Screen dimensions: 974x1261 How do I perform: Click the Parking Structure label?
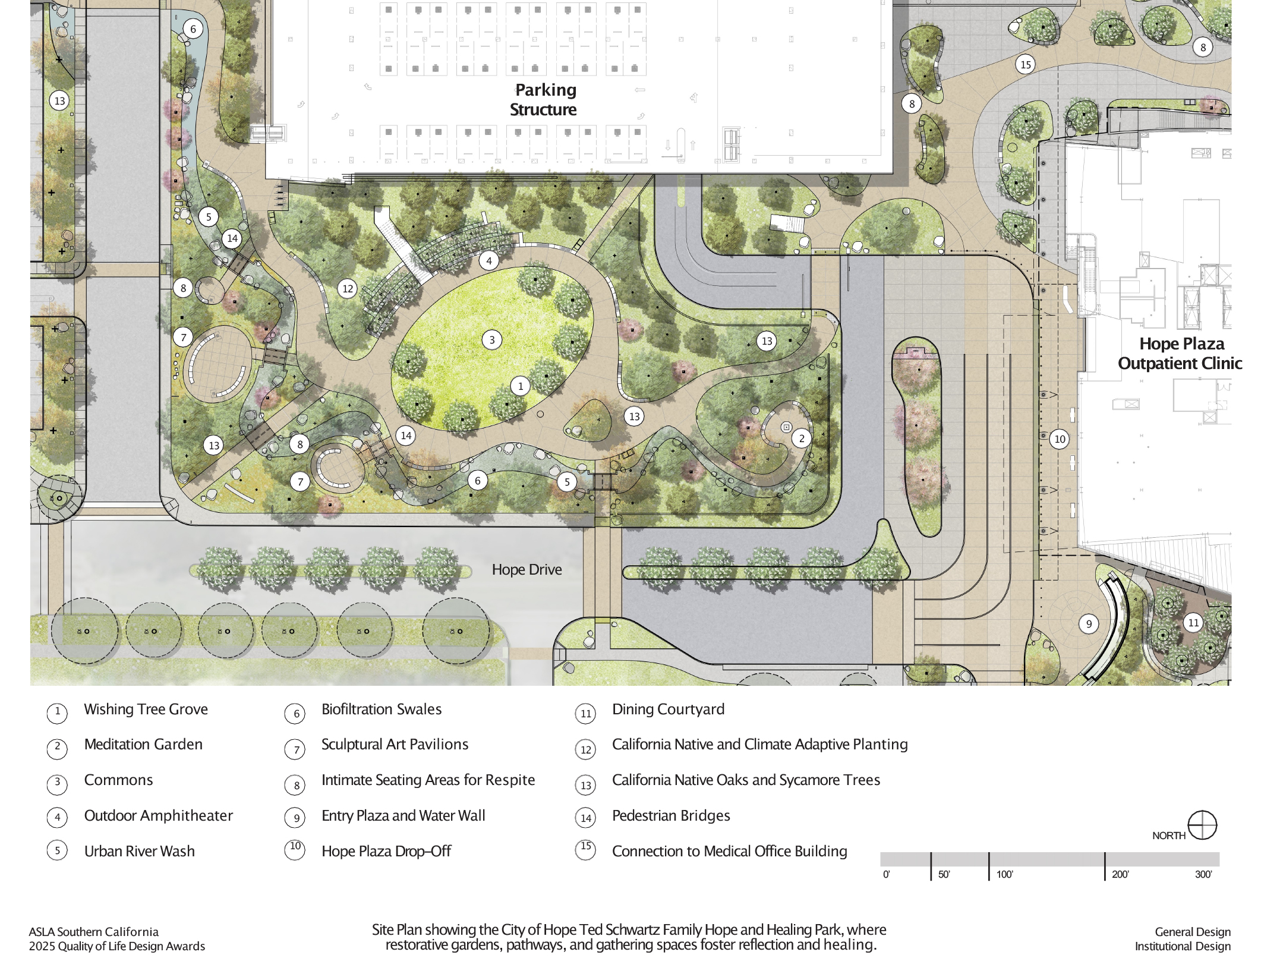pos(544,100)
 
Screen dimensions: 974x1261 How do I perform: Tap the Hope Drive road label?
pos(527,570)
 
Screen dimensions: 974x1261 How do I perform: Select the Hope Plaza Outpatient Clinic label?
pos(1180,354)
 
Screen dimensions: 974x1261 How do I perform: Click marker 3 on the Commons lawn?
pos(491,340)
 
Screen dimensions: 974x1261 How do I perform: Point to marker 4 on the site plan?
pos(489,260)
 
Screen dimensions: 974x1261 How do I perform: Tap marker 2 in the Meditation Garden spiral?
pos(802,439)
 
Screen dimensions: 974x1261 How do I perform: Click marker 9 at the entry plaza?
pos(1089,624)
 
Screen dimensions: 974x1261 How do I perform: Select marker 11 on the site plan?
pos(1193,623)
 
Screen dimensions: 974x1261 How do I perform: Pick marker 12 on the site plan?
pos(348,289)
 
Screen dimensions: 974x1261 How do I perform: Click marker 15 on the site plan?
pos(1026,64)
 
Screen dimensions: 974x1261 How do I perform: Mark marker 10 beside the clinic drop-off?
pos(1060,439)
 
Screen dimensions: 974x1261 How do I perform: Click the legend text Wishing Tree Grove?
pos(146,710)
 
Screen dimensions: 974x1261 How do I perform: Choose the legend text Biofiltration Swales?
pos(382,710)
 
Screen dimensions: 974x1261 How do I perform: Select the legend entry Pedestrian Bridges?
pos(671,816)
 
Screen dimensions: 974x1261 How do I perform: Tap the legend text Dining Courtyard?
pos(668,710)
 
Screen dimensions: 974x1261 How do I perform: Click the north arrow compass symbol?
pos(1202,825)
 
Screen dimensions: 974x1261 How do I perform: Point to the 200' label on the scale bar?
pos(1120,874)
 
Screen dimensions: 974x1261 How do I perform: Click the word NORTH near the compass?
pos(1168,836)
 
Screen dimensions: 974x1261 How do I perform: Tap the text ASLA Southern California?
pos(94,932)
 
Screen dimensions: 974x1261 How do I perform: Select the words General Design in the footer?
pos(1192,932)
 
